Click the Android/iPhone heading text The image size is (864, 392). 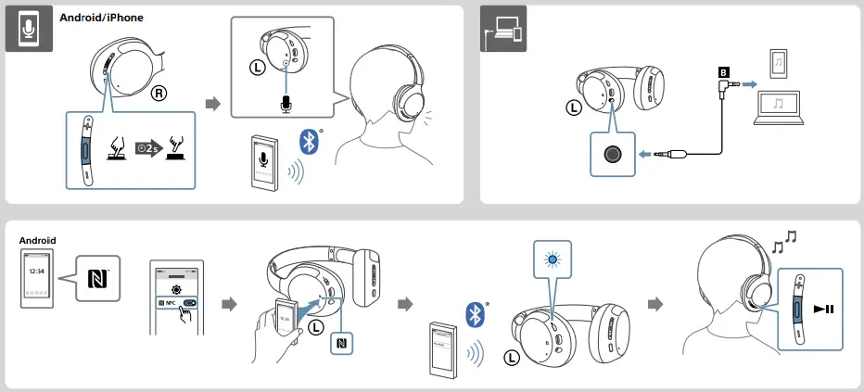coord(101,17)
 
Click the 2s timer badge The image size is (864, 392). coord(148,147)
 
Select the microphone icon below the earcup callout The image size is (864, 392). coord(285,104)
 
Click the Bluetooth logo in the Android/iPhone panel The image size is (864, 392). coord(309,141)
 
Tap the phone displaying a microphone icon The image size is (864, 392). coord(265,163)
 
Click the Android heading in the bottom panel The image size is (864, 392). coord(37,240)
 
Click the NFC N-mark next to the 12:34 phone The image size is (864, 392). coord(96,277)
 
